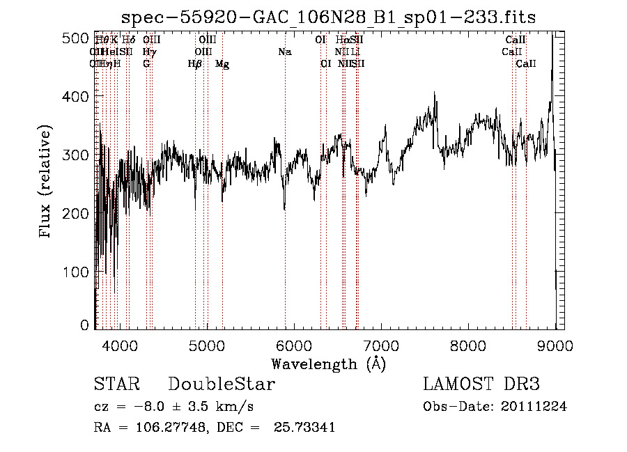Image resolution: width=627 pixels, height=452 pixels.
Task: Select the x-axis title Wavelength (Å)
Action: click(x=329, y=364)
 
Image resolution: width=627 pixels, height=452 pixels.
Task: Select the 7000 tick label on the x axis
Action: click(x=381, y=344)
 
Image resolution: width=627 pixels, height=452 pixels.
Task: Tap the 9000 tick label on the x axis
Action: click(x=555, y=344)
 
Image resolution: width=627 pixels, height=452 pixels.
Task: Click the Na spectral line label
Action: click(x=284, y=52)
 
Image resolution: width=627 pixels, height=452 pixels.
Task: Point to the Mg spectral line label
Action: click(x=222, y=64)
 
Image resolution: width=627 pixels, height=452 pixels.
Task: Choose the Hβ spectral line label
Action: click(x=195, y=64)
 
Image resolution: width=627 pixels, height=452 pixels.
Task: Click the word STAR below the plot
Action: click(x=116, y=384)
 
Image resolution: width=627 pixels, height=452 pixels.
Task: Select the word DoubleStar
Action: click(x=222, y=384)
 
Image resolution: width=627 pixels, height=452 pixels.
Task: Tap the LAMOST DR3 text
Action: click(x=481, y=384)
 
